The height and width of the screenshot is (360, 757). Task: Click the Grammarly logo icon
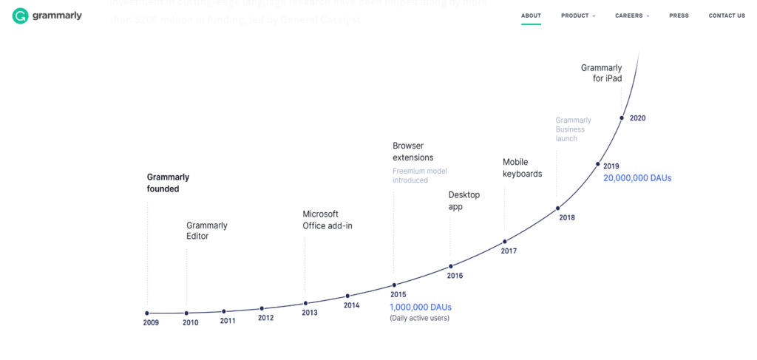(x=21, y=16)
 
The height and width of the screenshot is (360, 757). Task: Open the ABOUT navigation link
(x=531, y=16)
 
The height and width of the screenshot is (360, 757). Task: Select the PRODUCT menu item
(x=575, y=16)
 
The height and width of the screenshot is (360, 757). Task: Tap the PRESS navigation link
(x=679, y=16)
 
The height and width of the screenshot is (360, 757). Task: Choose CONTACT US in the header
(x=726, y=16)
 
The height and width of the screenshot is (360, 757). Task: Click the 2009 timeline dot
(x=147, y=313)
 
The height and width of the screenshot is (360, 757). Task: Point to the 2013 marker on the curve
(x=305, y=303)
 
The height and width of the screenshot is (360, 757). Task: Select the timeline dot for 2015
(x=394, y=285)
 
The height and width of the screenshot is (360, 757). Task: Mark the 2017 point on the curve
(x=505, y=241)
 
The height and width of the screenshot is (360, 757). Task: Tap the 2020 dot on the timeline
(x=622, y=118)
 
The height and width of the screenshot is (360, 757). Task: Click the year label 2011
(x=228, y=321)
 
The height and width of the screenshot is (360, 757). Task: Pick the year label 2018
(x=567, y=217)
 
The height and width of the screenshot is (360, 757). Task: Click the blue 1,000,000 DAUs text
(x=420, y=307)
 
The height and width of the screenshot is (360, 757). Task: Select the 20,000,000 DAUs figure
(x=637, y=178)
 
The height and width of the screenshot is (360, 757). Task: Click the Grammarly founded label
(x=168, y=183)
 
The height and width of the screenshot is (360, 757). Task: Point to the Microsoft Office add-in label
(x=327, y=220)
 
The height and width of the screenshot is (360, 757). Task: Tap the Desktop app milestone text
(x=464, y=200)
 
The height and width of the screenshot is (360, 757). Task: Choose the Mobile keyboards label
(x=522, y=168)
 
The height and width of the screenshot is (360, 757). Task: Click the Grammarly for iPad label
(x=601, y=72)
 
